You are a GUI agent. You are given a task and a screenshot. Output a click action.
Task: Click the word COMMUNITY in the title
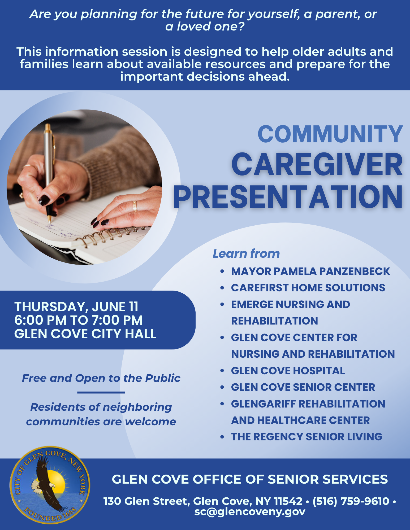click(x=330, y=134)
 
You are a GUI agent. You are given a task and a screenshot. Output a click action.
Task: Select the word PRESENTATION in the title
click(x=288, y=196)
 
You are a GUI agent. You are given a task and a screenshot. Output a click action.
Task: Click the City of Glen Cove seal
click(x=50, y=485)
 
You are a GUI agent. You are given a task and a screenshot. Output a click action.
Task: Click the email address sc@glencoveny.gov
click(x=250, y=512)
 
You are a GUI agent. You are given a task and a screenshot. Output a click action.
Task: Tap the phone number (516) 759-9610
click(x=351, y=501)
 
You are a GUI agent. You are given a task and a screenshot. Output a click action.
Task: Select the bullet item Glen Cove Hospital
click(x=288, y=371)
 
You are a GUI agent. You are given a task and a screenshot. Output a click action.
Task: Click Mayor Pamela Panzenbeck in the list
click(x=310, y=271)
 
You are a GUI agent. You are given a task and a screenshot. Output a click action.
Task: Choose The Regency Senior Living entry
click(x=307, y=437)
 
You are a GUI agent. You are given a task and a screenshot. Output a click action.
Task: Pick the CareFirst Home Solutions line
click(x=308, y=288)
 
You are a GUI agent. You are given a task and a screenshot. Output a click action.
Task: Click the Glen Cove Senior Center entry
click(x=303, y=387)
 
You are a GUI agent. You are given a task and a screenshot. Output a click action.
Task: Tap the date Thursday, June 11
click(x=76, y=307)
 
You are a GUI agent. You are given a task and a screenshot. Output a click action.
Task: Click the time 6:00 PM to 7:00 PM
click(x=79, y=320)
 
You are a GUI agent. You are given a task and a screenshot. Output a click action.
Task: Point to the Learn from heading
click(x=246, y=253)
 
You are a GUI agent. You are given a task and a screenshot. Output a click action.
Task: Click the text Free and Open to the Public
click(x=101, y=378)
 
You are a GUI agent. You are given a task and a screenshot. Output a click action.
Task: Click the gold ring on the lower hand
click(x=135, y=206)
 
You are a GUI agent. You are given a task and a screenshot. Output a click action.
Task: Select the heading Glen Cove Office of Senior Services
click(x=250, y=479)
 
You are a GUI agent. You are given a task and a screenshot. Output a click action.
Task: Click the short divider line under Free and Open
click(x=101, y=392)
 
